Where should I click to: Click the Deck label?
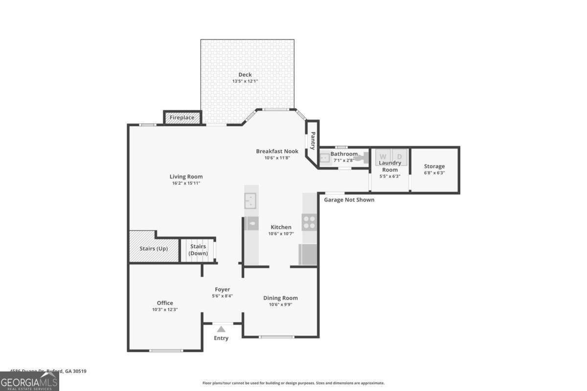245,75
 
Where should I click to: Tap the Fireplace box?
182,117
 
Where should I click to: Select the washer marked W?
383,156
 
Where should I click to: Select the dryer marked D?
399,156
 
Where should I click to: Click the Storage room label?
434,166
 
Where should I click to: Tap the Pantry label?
313,141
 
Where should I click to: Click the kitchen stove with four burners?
309,222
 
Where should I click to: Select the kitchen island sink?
250,200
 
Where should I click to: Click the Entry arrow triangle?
222,329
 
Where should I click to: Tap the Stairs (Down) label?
198,249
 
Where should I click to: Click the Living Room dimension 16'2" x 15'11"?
186,183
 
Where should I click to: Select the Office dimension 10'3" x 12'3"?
165,309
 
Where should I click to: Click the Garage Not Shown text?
349,199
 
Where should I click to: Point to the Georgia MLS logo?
29,381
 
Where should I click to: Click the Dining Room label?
280,298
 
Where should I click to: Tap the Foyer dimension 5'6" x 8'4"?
222,296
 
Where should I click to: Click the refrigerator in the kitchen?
308,254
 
